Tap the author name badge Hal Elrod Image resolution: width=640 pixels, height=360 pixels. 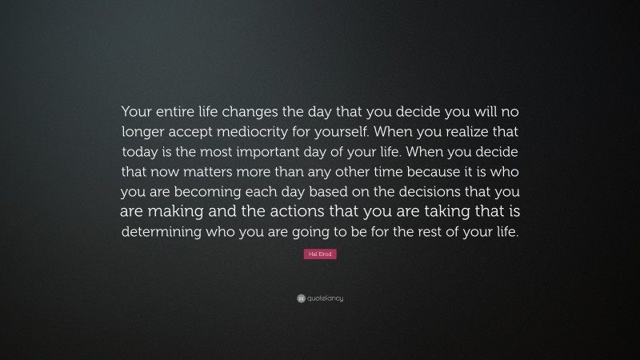click(320, 254)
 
